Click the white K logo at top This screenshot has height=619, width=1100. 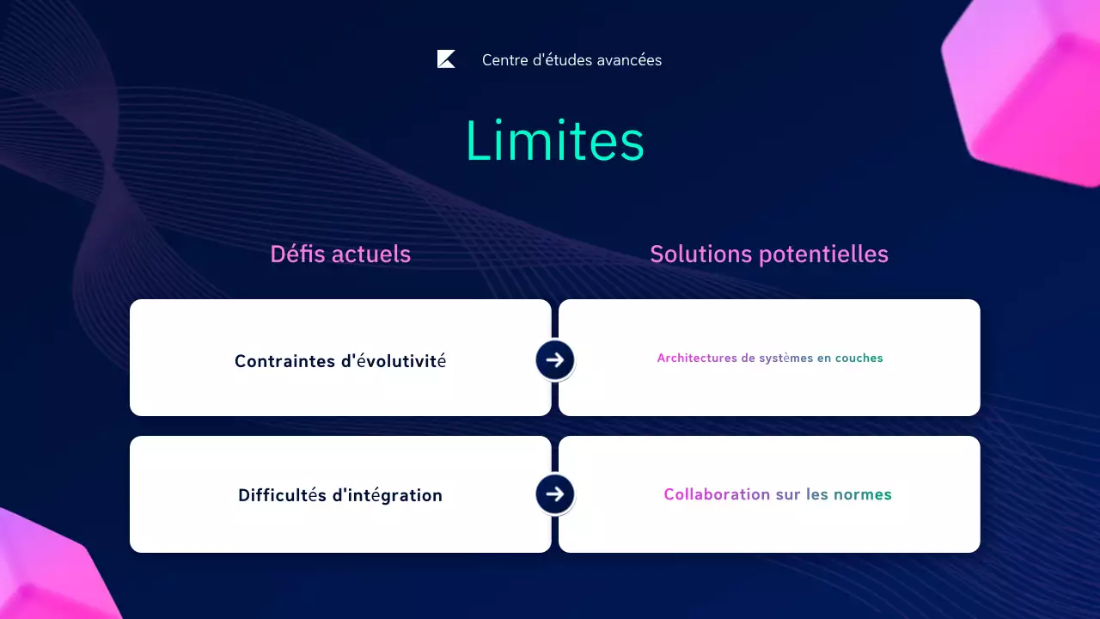446,59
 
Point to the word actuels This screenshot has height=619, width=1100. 371,254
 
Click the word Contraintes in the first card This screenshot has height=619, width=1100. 284,361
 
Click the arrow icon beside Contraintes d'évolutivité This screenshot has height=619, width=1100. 554,359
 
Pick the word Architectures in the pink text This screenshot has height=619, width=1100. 696,358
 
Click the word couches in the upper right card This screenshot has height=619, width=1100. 859,358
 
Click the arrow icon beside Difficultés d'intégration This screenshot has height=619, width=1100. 554,493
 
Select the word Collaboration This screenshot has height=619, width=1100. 717,494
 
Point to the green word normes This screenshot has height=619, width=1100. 863,494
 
